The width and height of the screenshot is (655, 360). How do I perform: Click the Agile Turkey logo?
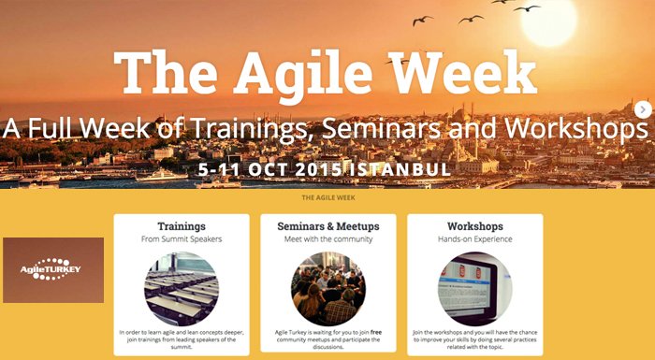[52, 270]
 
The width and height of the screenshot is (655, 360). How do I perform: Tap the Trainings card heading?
[182, 226]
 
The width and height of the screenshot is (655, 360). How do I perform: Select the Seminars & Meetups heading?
[328, 226]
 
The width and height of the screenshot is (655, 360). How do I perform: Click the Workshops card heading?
[474, 226]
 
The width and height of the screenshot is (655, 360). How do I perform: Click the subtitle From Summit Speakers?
[182, 239]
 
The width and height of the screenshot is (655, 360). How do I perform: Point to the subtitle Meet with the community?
[328, 239]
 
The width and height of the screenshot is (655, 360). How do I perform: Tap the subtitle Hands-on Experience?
[474, 239]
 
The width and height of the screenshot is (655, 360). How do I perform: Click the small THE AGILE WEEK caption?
[327, 198]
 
